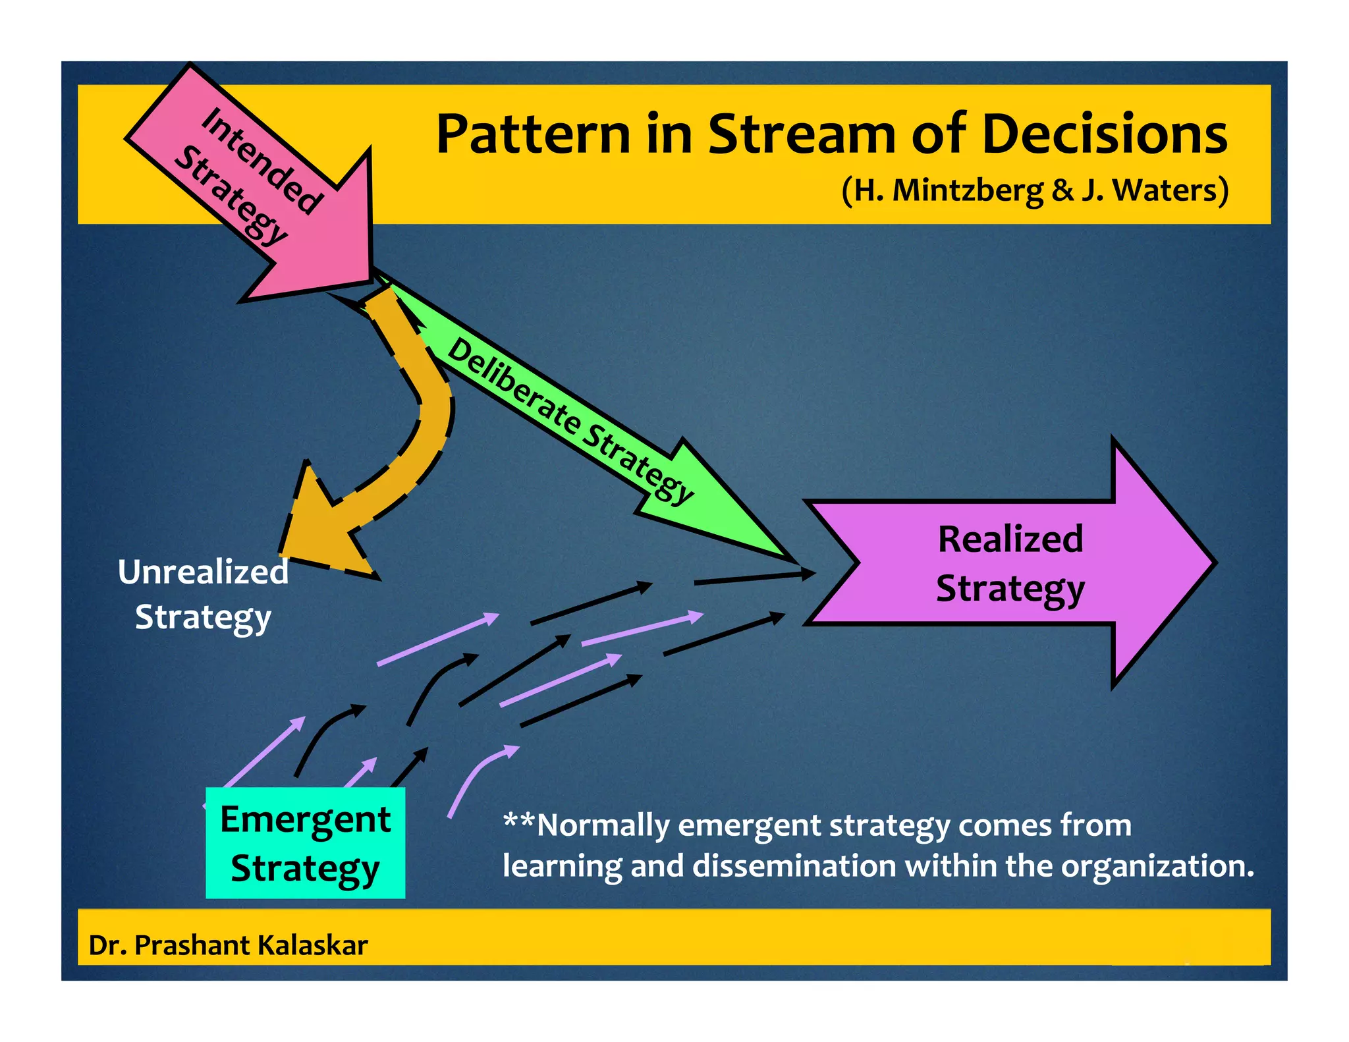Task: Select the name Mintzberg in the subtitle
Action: [x=967, y=190]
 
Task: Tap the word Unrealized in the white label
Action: [x=203, y=572]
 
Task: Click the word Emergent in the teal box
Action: [x=305, y=819]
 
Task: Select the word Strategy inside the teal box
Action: [x=305, y=868]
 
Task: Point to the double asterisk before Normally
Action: [x=519, y=821]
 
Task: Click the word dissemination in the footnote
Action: [x=794, y=865]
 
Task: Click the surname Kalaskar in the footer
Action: [x=313, y=945]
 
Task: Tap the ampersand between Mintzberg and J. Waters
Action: [x=1062, y=190]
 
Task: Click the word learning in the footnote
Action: [x=562, y=865]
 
